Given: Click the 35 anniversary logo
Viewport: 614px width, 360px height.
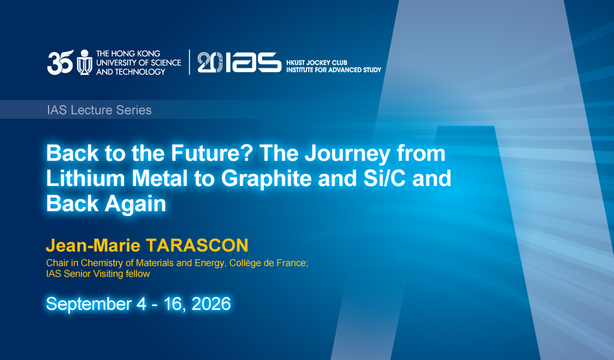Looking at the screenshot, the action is (61, 62).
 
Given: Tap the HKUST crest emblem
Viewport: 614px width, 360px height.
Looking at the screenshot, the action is (84, 62).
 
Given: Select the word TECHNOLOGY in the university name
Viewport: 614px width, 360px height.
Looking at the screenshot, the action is (140, 71).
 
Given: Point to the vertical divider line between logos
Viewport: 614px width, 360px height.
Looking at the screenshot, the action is (189, 62).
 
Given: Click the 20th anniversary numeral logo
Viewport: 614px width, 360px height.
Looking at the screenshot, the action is (210, 62).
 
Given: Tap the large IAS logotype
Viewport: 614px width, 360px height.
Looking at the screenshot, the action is (254, 62).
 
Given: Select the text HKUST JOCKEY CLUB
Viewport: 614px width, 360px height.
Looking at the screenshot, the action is (317, 62).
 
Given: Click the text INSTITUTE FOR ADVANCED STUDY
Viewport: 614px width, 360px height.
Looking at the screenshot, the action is (333, 70).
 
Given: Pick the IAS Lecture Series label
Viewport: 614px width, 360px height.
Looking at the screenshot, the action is (99, 110).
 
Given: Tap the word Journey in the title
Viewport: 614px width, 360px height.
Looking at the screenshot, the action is (347, 154).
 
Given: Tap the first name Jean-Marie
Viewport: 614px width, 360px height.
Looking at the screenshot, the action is (93, 245).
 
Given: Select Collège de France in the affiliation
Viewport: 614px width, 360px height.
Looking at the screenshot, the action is (268, 263).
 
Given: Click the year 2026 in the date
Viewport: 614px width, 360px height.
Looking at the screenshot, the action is (212, 304).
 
